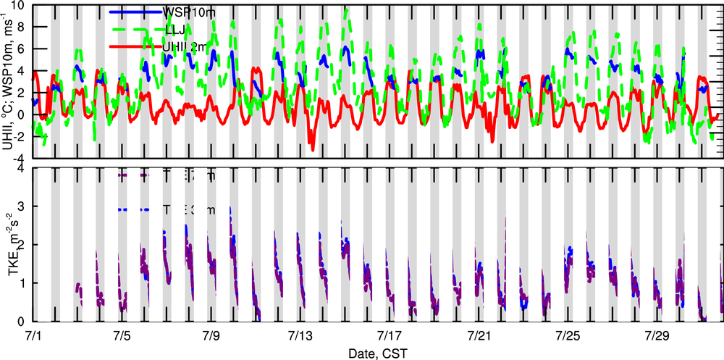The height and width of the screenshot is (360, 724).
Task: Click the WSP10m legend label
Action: (189, 12)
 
